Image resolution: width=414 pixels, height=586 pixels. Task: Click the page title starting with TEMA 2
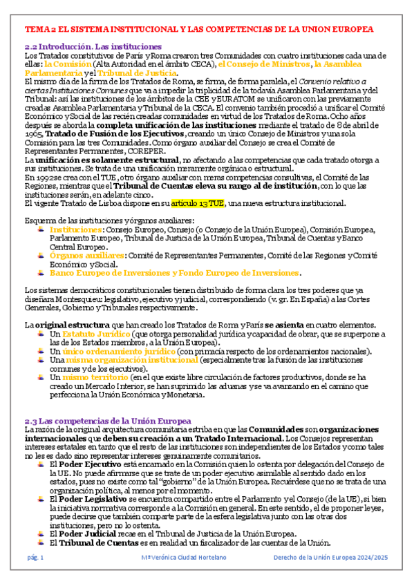pyautogui.click(x=199, y=30)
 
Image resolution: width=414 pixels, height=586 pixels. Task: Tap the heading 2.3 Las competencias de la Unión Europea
pyautogui.click(x=108, y=421)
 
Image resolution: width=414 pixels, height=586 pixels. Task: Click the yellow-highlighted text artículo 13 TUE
pyautogui.click(x=199, y=203)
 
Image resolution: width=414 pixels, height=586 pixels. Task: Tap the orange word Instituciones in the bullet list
pyautogui.click(x=75, y=229)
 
